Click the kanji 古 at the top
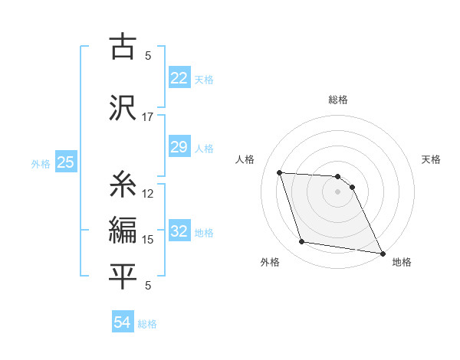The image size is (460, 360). [123, 47]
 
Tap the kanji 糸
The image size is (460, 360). [123, 184]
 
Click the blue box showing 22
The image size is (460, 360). [179, 78]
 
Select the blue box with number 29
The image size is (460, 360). [179, 147]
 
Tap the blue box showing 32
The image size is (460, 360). [179, 231]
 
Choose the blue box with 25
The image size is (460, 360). [65, 162]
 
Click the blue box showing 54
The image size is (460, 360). [122, 322]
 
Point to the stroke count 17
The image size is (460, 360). [147, 117]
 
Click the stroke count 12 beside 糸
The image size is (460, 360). [147, 194]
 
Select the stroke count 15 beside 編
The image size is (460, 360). [147, 240]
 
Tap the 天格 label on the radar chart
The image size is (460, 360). [432, 159]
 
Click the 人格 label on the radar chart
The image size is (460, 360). [245, 159]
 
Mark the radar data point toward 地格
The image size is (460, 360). [382, 253]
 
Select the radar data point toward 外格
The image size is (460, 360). [302, 243]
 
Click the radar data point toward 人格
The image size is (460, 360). [280, 172]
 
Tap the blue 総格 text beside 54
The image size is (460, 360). [147, 324]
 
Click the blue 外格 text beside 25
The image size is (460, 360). [41, 163]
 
